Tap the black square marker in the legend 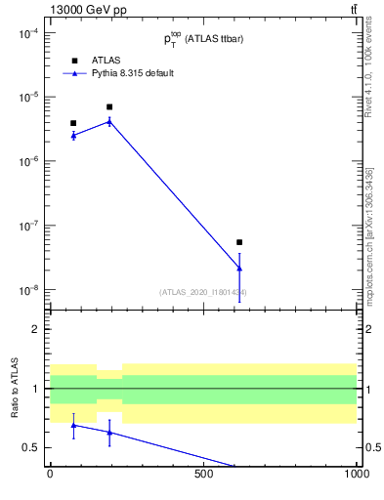click(x=74, y=60)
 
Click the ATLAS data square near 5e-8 click(x=239, y=242)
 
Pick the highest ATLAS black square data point click(x=109, y=106)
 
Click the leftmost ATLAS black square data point click(x=73, y=123)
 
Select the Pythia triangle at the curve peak click(x=109, y=121)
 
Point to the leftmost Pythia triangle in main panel click(x=73, y=135)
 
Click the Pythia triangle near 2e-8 click(x=239, y=268)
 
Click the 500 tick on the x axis click(x=203, y=476)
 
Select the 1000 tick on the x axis click(x=357, y=476)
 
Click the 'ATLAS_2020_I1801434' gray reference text click(x=203, y=292)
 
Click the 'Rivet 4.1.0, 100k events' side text click(x=368, y=69)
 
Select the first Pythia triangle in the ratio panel click(x=73, y=425)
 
